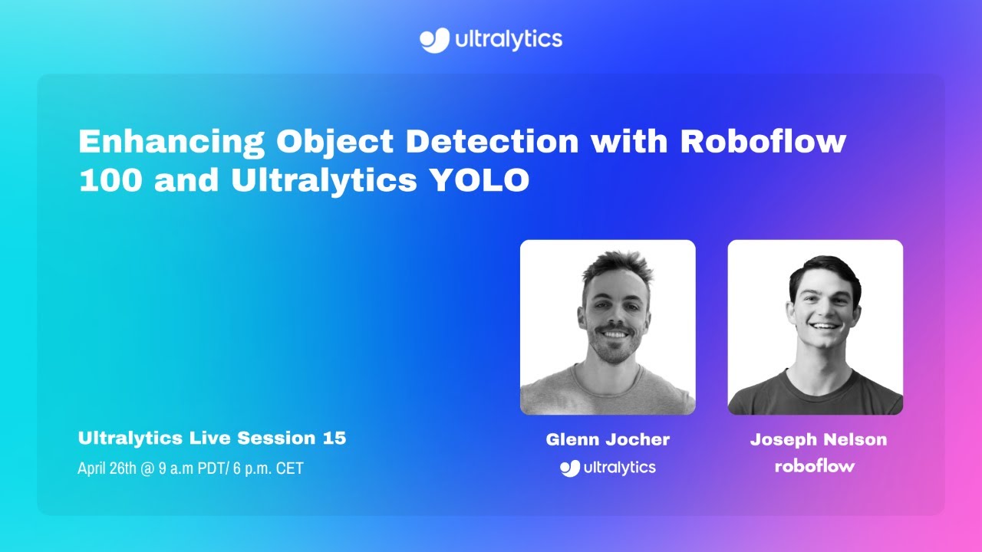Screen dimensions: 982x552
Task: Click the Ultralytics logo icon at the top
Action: pyautogui.click(x=434, y=40)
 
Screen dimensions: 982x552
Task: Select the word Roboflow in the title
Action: pyautogui.click(x=763, y=140)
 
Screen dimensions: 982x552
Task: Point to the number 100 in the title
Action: pyautogui.click(x=110, y=179)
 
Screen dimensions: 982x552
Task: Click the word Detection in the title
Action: pyautogui.click(x=492, y=140)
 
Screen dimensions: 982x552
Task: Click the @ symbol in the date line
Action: pyautogui.click(x=147, y=468)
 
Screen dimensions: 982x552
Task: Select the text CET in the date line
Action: pyautogui.click(x=290, y=468)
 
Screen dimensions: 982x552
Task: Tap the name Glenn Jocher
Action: pyautogui.click(x=608, y=439)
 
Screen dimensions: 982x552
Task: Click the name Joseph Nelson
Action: pyautogui.click(x=819, y=439)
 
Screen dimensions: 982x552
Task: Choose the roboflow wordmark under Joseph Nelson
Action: pyautogui.click(x=815, y=465)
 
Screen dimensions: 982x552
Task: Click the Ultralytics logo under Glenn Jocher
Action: pyautogui.click(x=608, y=468)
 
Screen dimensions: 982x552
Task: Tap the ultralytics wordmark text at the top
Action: pyautogui.click(x=509, y=40)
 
